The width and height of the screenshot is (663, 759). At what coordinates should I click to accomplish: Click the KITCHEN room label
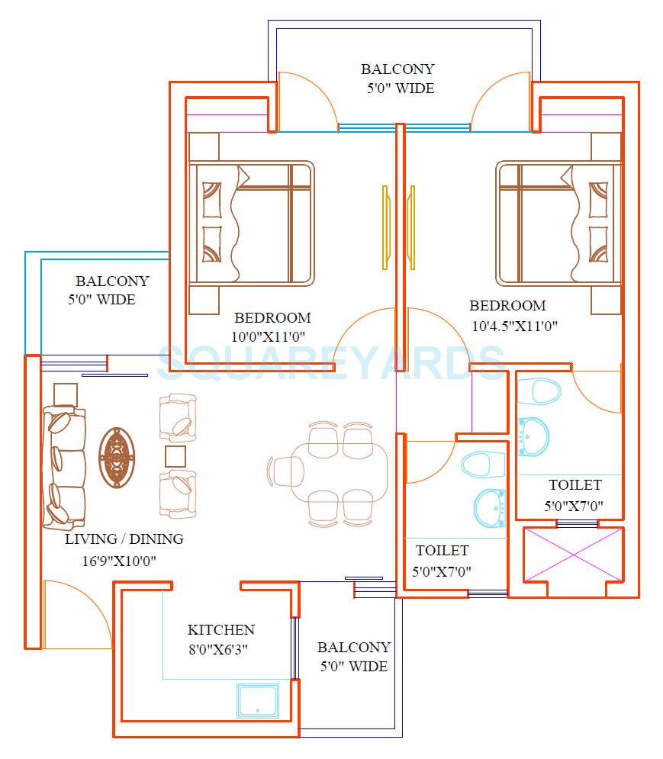click(220, 630)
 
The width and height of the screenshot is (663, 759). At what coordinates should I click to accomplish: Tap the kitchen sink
click(258, 700)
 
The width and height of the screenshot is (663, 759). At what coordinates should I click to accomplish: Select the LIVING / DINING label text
click(124, 539)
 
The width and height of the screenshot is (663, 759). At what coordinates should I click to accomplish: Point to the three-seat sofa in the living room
click(64, 468)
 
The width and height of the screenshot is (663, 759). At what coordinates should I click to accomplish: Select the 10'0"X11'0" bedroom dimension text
click(272, 336)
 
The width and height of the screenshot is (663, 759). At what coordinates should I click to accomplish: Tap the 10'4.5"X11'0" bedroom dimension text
click(515, 326)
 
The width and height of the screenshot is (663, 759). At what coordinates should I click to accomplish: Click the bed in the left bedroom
click(252, 223)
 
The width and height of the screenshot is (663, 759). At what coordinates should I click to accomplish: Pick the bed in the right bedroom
click(557, 223)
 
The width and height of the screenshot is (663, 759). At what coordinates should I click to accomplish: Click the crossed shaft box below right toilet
click(573, 555)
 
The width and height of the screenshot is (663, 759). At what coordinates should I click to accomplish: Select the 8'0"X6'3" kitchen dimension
click(218, 649)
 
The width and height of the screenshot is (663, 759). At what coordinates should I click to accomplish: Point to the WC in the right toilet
click(539, 391)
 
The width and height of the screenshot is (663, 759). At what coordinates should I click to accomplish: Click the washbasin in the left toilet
click(488, 506)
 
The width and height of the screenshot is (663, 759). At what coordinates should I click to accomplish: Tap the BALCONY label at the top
click(397, 69)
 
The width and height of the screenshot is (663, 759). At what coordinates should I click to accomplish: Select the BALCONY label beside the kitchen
click(353, 648)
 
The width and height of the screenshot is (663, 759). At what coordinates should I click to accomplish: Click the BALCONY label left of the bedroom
click(112, 281)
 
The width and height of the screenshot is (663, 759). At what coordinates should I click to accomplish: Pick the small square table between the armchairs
click(176, 456)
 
